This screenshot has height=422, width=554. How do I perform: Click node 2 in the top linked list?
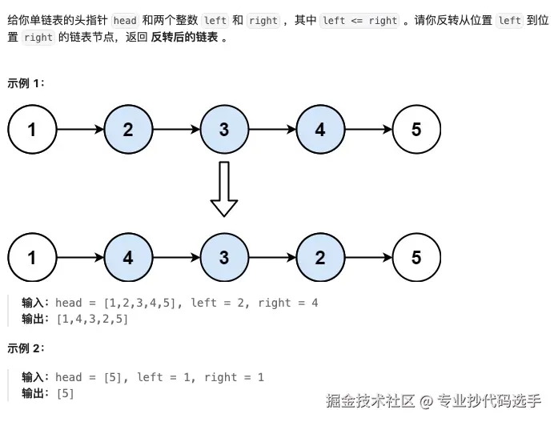[x=128, y=130]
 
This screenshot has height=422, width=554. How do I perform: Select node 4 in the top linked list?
[x=320, y=130]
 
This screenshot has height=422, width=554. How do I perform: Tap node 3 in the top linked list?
[x=224, y=130]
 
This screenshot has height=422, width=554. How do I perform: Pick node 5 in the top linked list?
[x=416, y=130]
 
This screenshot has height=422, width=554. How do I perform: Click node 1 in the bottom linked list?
[x=32, y=257]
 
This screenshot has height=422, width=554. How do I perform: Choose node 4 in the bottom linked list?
[x=128, y=257]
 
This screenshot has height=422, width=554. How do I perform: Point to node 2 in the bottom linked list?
[x=320, y=257]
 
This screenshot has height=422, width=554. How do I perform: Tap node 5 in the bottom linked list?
[x=416, y=257]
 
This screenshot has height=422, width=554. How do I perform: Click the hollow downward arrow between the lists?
[x=224, y=189]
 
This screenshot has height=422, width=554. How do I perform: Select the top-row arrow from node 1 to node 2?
[x=81, y=130]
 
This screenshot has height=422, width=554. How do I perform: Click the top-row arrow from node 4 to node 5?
[x=369, y=130]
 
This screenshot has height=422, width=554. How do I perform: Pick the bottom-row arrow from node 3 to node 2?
[x=273, y=257]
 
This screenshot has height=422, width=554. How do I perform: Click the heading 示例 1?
[x=26, y=83]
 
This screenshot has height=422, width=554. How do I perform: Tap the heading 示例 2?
[x=26, y=348]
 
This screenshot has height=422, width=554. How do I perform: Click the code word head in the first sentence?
[x=125, y=21]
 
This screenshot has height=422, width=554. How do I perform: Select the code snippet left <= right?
[x=360, y=21]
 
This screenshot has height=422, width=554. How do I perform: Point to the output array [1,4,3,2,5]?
[x=92, y=320]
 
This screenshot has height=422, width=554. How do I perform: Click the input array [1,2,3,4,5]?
[x=140, y=303]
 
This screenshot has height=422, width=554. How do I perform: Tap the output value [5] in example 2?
[x=66, y=393]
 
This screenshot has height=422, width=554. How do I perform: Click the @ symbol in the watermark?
[x=426, y=401]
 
